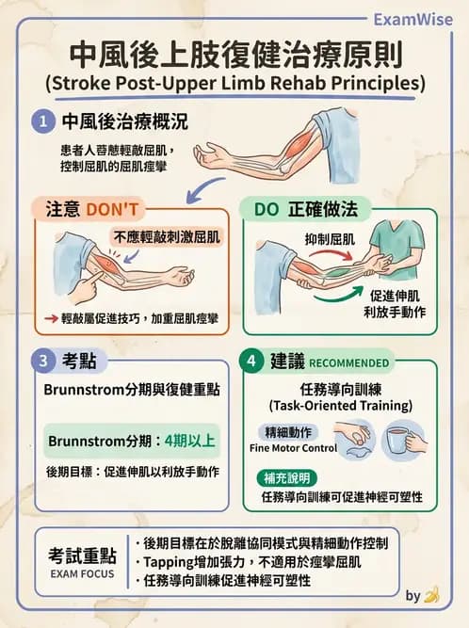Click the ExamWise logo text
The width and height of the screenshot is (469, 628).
tap(412, 19)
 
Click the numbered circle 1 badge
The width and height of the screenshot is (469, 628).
tap(42, 121)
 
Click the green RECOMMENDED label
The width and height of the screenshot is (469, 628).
tap(348, 362)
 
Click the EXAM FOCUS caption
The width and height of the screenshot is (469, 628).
tap(78, 571)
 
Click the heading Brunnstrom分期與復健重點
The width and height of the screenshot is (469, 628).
tap(132, 390)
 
